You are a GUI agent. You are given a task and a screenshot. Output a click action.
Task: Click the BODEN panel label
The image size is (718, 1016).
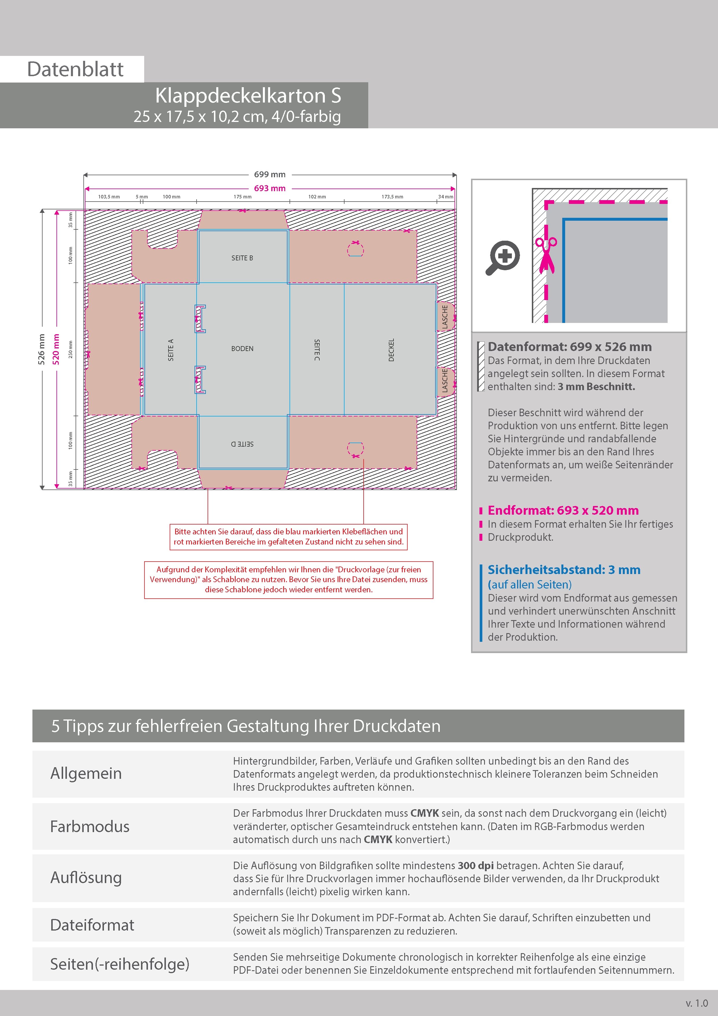[x=242, y=349]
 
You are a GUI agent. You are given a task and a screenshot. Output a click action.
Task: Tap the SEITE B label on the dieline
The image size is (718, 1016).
[x=242, y=258]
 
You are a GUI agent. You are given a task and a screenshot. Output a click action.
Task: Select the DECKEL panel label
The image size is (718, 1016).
[x=391, y=350]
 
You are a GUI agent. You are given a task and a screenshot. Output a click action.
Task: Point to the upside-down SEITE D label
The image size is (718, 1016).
[x=242, y=444]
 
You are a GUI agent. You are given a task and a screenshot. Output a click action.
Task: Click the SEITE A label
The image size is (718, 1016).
[x=171, y=350]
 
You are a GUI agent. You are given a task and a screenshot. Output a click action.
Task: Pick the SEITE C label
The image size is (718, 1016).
[x=317, y=350]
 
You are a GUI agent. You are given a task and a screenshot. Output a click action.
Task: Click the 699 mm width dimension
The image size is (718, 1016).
[x=270, y=174]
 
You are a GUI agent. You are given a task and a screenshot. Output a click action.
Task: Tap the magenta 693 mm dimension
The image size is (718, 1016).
[x=270, y=188]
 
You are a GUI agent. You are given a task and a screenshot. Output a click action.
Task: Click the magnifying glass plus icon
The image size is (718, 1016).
[x=503, y=257]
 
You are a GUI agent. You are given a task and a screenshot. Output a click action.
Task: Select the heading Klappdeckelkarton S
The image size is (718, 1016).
[x=248, y=96]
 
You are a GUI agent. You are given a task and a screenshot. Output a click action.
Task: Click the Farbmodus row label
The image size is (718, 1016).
[x=90, y=826]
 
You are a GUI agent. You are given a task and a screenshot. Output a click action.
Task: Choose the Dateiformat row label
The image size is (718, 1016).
[x=92, y=925]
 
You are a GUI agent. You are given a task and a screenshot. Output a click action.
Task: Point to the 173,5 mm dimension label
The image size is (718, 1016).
[x=392, y=196]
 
